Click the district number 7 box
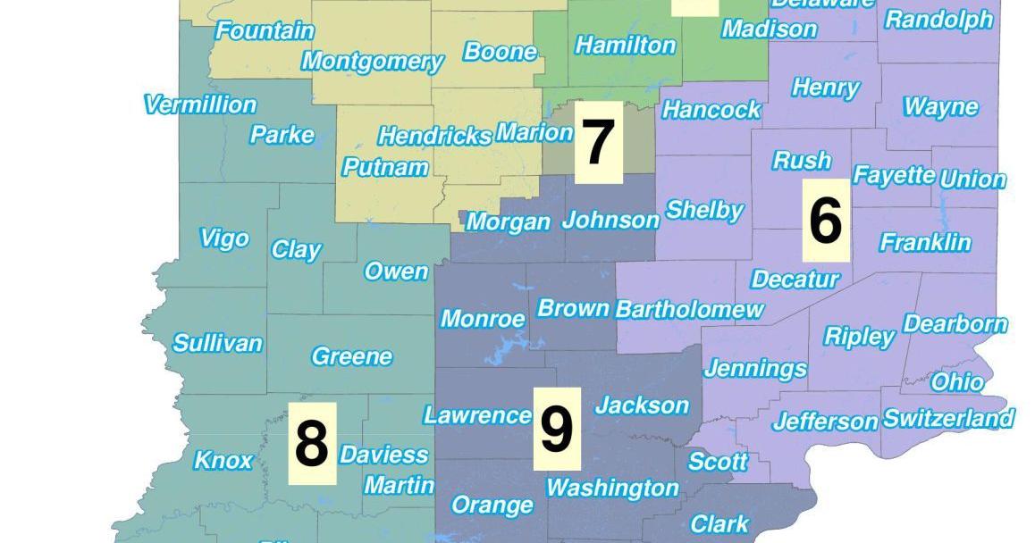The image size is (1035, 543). [598, 143]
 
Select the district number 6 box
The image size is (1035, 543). [825, 221]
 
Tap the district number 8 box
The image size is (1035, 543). [312, 444]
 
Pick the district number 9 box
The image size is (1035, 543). [557, 429]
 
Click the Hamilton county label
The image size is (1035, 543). [625, 45]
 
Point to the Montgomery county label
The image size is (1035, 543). [372, 62]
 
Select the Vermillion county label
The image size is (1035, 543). [200, 104]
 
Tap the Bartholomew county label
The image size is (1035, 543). [690, 309]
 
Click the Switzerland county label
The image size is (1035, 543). [948, 418]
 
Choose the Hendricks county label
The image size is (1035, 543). [434, 136]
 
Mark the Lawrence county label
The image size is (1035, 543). [477, 415]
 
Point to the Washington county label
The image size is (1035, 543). [612, 488]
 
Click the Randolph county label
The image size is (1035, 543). [938, 20]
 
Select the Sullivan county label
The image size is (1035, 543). [217, 343]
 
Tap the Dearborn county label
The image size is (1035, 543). [955, 323]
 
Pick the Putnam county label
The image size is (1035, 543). [385, 167]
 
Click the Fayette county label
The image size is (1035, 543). [894, 175]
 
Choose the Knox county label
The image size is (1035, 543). [223, 461]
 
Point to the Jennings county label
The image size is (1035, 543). [755, 368]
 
